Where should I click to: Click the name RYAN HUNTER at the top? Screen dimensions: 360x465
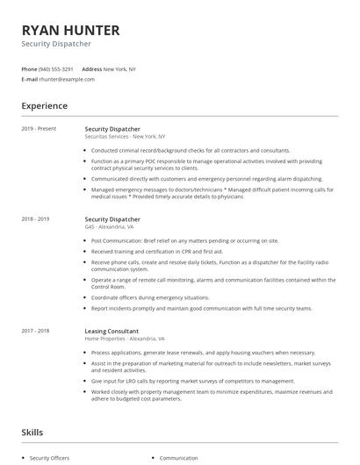(x=70, y=30)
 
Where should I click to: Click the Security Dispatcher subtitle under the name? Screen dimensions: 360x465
(x=56, y=44)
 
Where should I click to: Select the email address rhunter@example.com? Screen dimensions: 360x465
(x=66, y=79)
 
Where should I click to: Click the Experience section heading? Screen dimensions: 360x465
(x=45, y=106)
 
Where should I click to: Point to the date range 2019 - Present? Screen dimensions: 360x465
(x=39, y=129)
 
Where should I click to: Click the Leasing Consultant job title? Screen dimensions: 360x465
(x=113, y=331)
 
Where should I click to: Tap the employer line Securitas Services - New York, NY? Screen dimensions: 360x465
(x=125, y=137)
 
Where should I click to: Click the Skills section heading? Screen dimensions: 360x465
(x=33, y=433)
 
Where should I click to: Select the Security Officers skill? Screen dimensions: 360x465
(x=49, y=458)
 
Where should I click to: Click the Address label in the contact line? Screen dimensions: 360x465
(x=92, y=68)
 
